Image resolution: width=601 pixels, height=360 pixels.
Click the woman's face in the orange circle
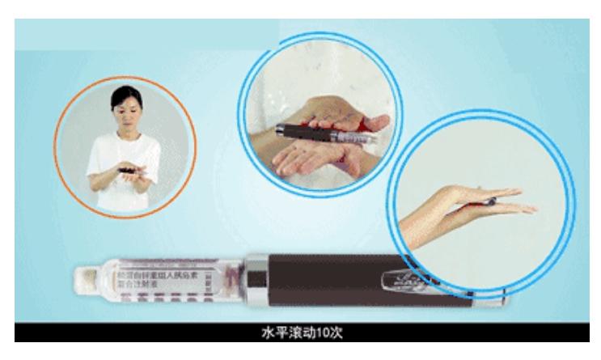[125, 113]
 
